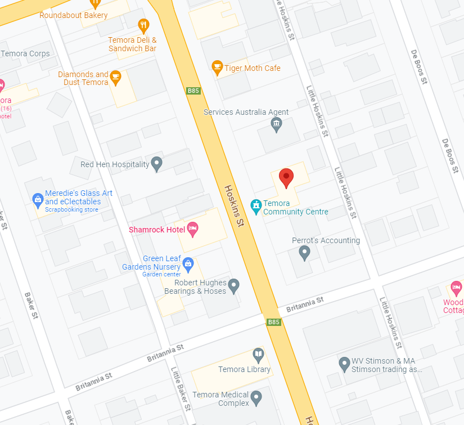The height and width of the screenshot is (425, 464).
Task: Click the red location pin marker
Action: tap(286, 177)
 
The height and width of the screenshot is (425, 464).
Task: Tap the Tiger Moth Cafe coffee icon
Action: tap(217, 68)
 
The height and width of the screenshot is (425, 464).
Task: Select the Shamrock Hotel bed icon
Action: tap(192, 229)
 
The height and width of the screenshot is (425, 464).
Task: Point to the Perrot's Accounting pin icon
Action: tap(304, 253)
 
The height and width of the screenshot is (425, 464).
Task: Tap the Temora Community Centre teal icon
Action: tap(256, 207)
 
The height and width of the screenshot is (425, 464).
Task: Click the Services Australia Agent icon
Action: tap(276, 125)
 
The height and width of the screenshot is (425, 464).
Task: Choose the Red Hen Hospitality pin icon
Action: tap(157, 164)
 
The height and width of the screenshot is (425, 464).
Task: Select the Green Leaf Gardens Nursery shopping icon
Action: tap(188, 263)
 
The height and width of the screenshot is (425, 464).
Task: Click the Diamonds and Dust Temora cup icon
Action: tap(116, 77)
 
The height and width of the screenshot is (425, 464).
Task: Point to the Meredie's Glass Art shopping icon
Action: tap(38, 199)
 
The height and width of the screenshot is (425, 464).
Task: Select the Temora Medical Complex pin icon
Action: tap(256, 398)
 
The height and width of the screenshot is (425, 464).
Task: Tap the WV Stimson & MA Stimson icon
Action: tap(344, 364)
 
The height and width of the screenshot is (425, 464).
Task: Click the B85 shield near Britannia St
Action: tap(273, 322)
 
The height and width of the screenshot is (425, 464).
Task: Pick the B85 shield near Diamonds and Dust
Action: tap(193, 91)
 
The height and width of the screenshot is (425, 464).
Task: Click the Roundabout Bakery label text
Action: tap(73, 15)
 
